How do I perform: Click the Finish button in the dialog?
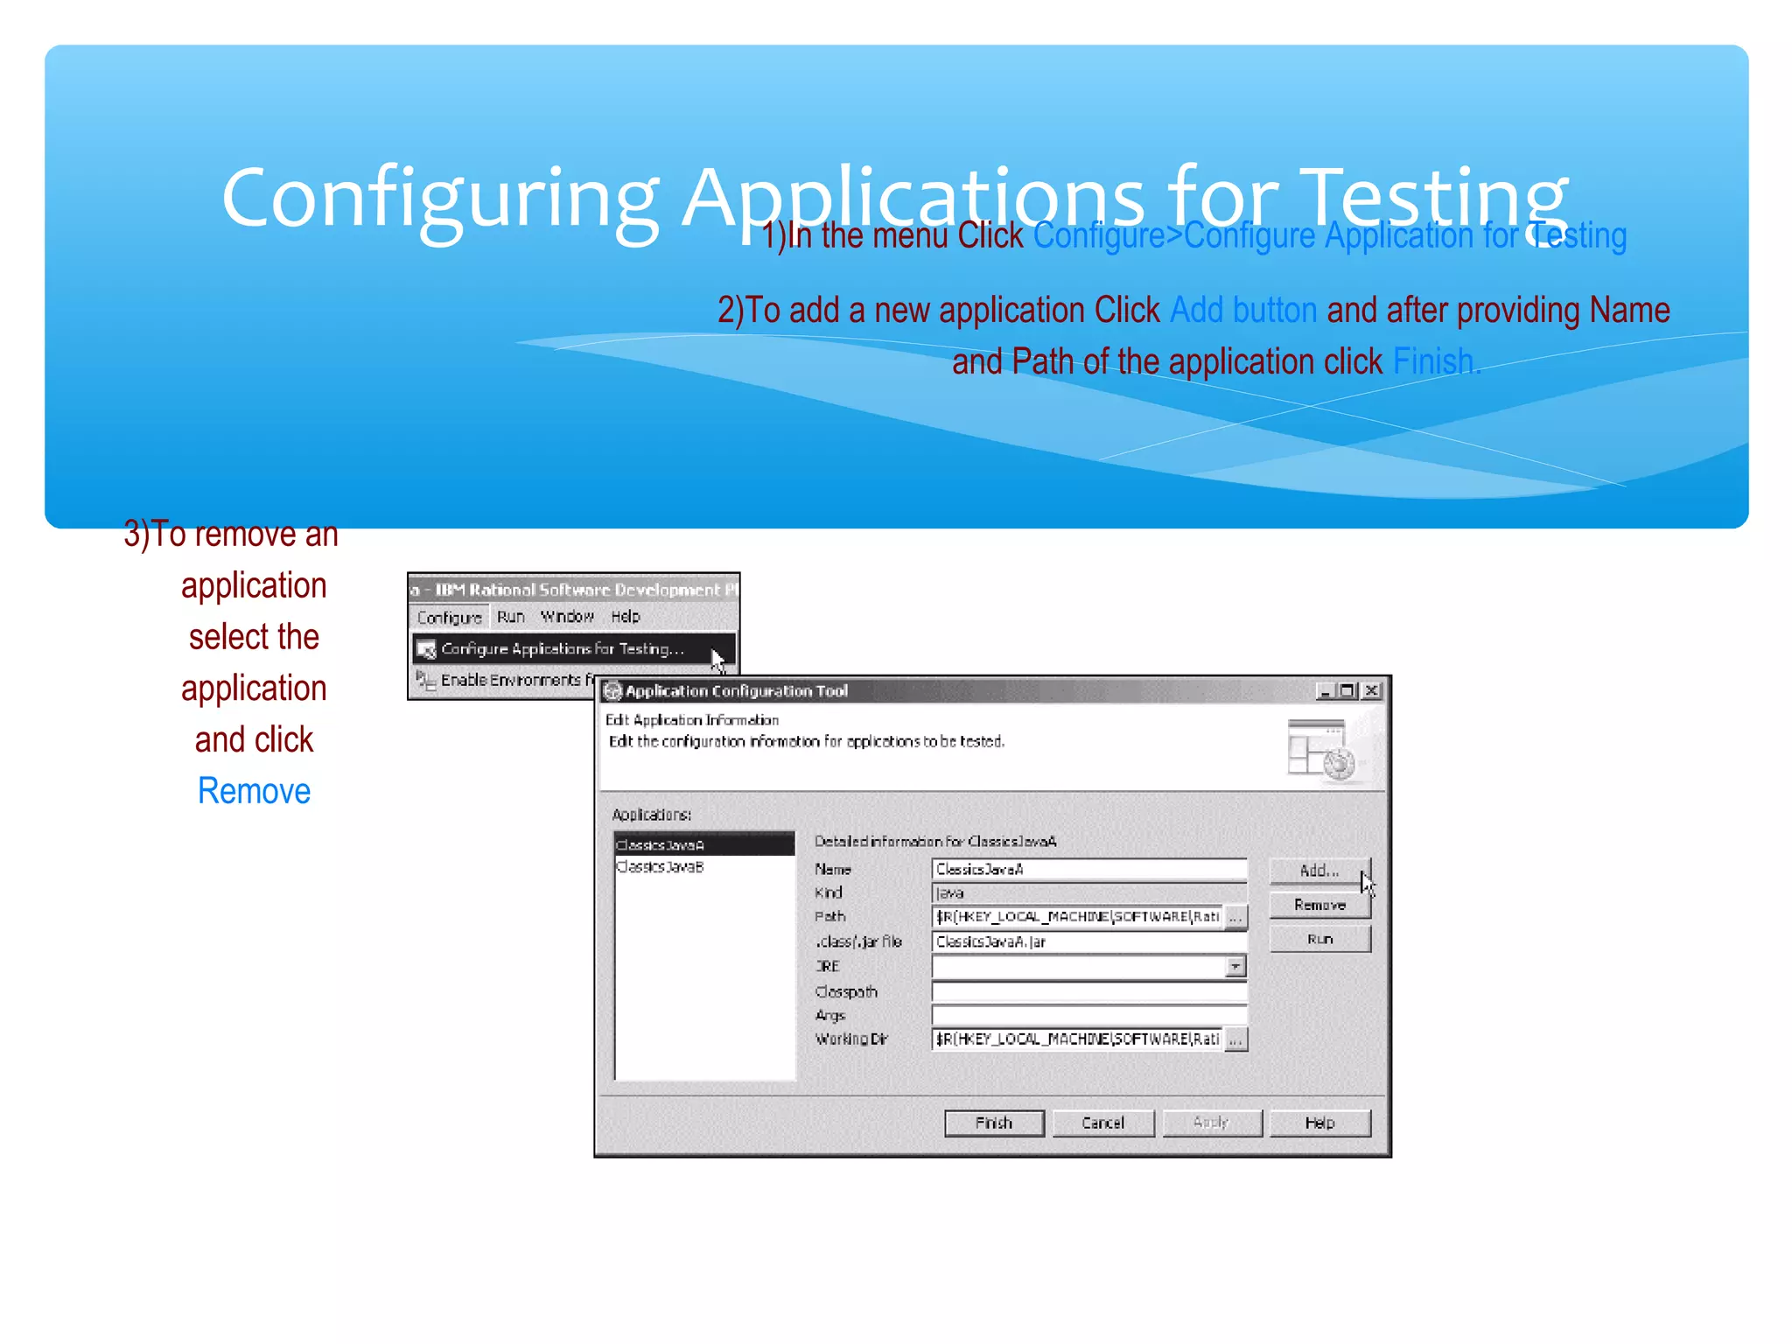pyautogui.click(x=994, y=1123)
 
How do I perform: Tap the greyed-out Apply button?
pyautogui.click(x=1211, y=1123)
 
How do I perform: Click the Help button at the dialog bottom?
pyautogui.click(x=1319, y=1123)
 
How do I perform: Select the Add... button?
pyautogui.click(x=1319, y=871)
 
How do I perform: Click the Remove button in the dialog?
pyautogui.click(x=1319, y=905)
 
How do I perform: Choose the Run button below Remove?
pyautogui.click(x=1319, y=939)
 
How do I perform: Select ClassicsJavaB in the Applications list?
pyautogui.click(x=661, y=867)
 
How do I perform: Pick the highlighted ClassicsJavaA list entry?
pyautogui.click(x=661, y=845)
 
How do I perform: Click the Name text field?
pyautogui.click(x=1088, y=869)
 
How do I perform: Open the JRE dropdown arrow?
pyautogui.click(x=1235, y=966)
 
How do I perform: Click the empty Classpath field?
pyautogui.click(x=1088, y=991)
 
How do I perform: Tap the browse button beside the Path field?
pyautogui.click(x=1235, y=917)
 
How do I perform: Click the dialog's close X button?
pyautogui.click(x=1372, y=690)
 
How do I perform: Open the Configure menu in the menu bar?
pyautogui.click(x=450, y=617)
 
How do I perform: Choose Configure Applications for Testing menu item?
pyautogui.click(x=562, y=648)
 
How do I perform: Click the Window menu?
pyautogui.click(x=567, y=617)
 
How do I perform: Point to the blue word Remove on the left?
pyautogui.click(x=254, y=791)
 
